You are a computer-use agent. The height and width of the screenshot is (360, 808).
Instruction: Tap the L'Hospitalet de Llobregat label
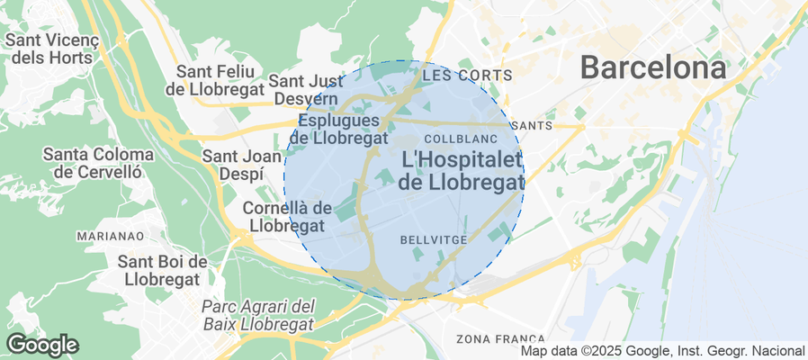pyautogui.click(x=462, y=170)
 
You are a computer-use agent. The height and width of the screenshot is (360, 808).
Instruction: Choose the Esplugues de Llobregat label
pyautogui.click(x=342, y=129)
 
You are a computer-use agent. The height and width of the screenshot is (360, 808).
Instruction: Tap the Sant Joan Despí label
pyautogui.click(x=233, y=165)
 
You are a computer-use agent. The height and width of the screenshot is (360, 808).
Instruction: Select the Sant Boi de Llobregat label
pyautogui.click(x=164, y=270)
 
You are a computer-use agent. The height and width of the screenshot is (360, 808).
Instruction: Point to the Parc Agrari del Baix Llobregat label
pyautogui.click(x=257, y=315)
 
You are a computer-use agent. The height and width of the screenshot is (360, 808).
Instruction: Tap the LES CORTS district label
pyautogui.click(x=454, y=75)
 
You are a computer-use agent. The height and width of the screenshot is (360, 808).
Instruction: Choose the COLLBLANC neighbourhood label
pyautogui.click(x=455, y=139)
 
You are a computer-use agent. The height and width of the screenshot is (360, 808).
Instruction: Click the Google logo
pyautogui.click(x=42, y=344)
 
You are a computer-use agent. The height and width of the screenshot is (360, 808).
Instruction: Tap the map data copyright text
pyautogui.click(x=662, y=351)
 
